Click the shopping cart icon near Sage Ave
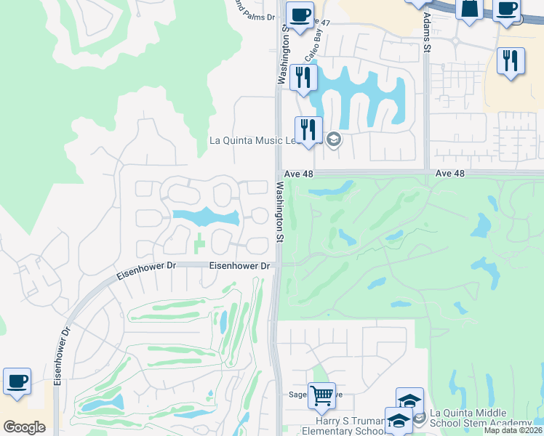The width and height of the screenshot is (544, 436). [x=321, y=396]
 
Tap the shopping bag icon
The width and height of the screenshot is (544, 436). [x=469, y=9]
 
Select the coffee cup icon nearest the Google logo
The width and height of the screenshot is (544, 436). [x=17, y=381]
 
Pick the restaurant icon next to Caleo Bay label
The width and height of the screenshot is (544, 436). [x=303, y=77]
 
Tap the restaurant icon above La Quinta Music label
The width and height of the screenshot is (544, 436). [x=308, y=129]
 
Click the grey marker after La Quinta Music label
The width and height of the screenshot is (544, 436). [x=334, y=140]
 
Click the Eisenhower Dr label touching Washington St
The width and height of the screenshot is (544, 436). [x=240, y=267]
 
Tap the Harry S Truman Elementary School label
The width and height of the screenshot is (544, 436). [x=348, y=426]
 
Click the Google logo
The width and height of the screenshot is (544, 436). [x=24, y=427]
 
